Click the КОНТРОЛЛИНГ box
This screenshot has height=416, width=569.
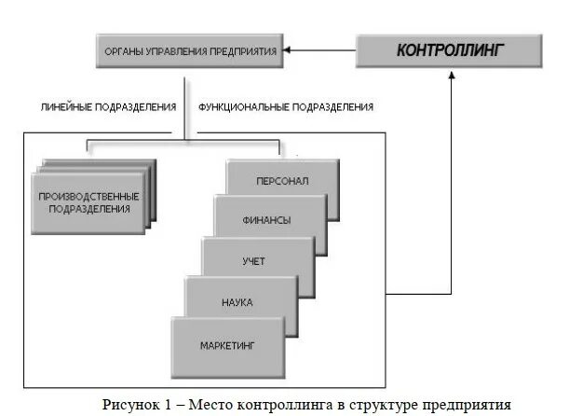click(450, 50)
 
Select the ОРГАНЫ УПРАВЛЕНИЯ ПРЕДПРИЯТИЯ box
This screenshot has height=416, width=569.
click(190, 51)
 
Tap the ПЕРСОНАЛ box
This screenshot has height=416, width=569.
click(282, 180)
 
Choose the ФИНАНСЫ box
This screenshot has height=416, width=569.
click(269, 220)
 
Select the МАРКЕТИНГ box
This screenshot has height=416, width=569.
click(227, 346)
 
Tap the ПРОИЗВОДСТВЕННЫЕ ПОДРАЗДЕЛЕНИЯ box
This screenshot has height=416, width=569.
click(89, 202)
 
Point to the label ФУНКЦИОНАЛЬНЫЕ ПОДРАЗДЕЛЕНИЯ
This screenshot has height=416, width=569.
click(286, 107)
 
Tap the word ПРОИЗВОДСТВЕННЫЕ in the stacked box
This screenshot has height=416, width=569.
click(89, 197)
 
